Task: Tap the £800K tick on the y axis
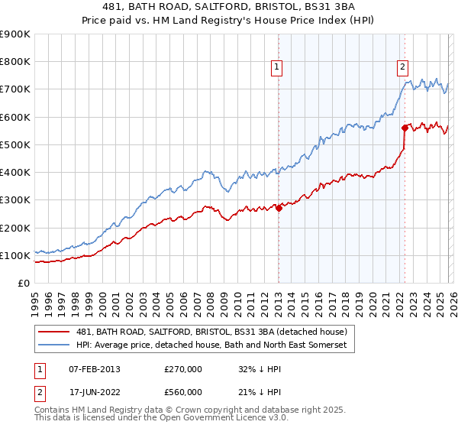(15, 62)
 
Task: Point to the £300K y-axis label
(15, 200)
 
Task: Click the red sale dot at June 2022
(405, 128)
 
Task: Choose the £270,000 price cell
(182, 369)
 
